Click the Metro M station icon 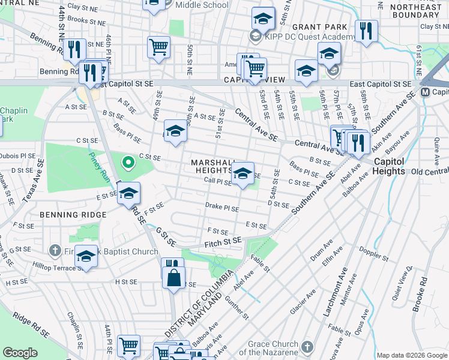click(425, 92)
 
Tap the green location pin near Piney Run click(127, 162)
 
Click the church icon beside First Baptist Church click(55, 250)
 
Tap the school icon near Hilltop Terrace click(86, 257)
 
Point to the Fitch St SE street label click(223, 241)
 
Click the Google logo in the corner click(20, 353)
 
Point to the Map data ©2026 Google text click(412, 355)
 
